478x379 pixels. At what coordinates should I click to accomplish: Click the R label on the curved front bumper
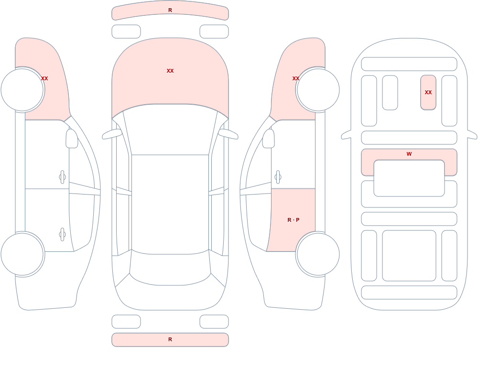click(170, 10)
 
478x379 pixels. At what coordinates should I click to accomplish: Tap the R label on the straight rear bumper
click(170, 339)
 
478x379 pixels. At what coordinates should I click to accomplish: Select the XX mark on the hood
click(170, 71)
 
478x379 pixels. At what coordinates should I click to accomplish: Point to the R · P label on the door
click(293, 220)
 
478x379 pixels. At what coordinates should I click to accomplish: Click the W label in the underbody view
click(409, 154)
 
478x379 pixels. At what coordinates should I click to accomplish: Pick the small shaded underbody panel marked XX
click(428, 92)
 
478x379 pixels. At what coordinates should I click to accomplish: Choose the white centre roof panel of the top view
click(170, 204)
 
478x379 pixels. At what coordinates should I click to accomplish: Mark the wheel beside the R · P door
click(318, 254)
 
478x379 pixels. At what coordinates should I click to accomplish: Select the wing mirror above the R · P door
click(269, 139)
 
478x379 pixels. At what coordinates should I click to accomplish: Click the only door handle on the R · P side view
click(278, 177)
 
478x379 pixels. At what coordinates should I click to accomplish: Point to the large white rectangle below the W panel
click(409, 178)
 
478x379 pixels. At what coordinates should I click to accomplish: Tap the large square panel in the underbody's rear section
click(409, 256)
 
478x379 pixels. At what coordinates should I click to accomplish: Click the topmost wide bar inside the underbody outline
click(409, 64)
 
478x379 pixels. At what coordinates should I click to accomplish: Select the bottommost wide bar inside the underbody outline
click(409, 292)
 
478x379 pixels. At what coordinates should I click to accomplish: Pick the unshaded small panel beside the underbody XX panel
click(390, 92)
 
